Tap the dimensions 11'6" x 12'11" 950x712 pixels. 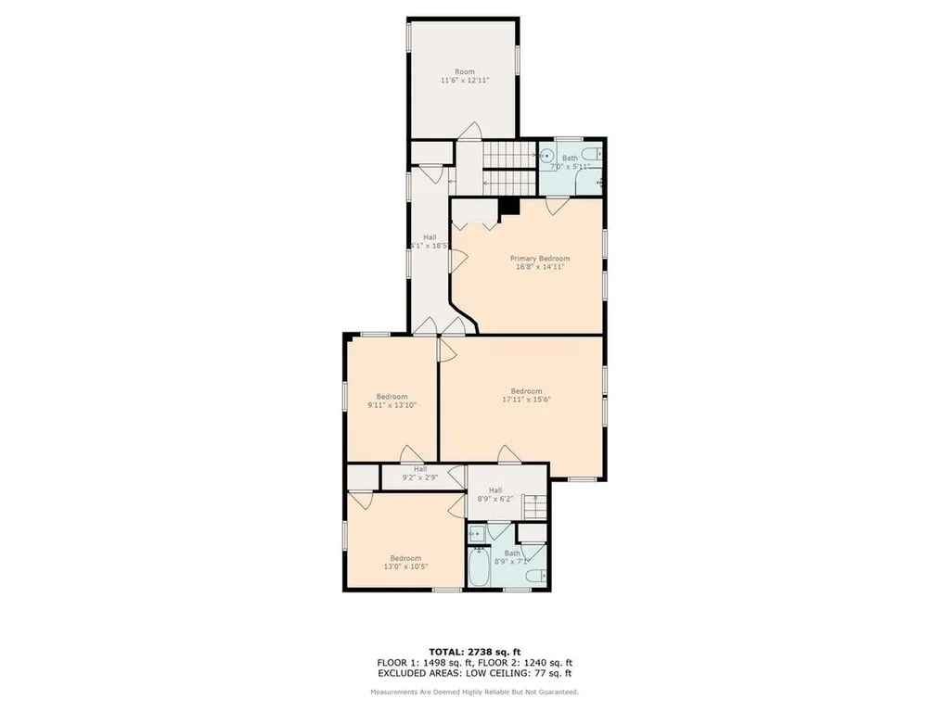point(464,81)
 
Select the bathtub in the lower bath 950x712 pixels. point(479,569)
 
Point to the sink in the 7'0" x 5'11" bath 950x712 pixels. point(547,157)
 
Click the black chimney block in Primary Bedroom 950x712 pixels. point(507,206)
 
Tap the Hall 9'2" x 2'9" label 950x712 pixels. point(420,474)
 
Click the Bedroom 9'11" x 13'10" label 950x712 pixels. point(392,400)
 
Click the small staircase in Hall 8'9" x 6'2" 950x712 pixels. point(532,507)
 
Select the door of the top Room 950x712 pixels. point(472,132)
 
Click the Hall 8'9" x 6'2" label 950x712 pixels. point(495,495)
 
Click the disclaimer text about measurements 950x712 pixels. point(474,692)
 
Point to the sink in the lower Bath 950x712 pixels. point(476,533)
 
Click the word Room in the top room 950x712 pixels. point(464,71)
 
